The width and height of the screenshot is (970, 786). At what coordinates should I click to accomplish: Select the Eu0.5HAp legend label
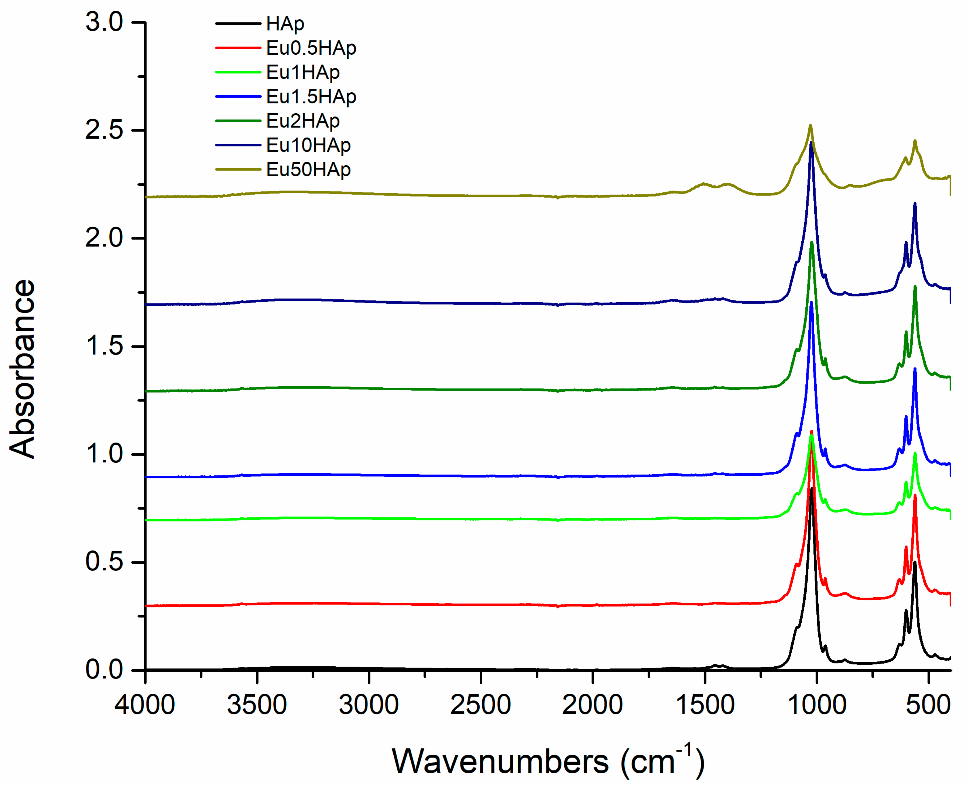pos(311,48)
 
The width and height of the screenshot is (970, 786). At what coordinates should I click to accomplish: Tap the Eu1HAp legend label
pos(303,72)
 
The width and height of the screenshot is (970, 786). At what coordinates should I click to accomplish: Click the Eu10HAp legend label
pos(308,145)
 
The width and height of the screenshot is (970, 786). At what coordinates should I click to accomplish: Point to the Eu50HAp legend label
pos(308,170)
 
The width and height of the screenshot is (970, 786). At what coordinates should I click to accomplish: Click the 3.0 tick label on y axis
pos(104,22)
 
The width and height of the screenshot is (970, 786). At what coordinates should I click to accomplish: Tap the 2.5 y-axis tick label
pos(104,130)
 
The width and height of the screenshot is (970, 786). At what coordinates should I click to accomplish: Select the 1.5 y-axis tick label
pos(104,346)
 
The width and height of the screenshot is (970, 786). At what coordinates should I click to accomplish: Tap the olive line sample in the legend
pos(238,170)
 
